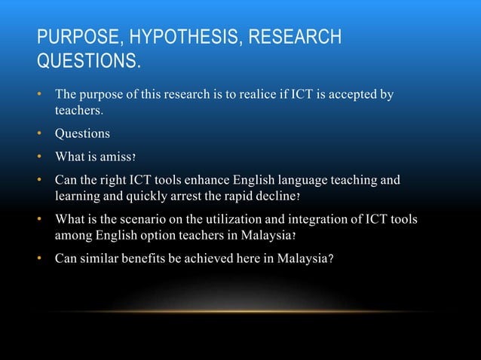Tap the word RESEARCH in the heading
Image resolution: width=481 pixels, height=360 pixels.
coord(290,37)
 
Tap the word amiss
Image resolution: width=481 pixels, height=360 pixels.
coord(113,157)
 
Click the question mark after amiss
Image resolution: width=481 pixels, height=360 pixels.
coord(134,158)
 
